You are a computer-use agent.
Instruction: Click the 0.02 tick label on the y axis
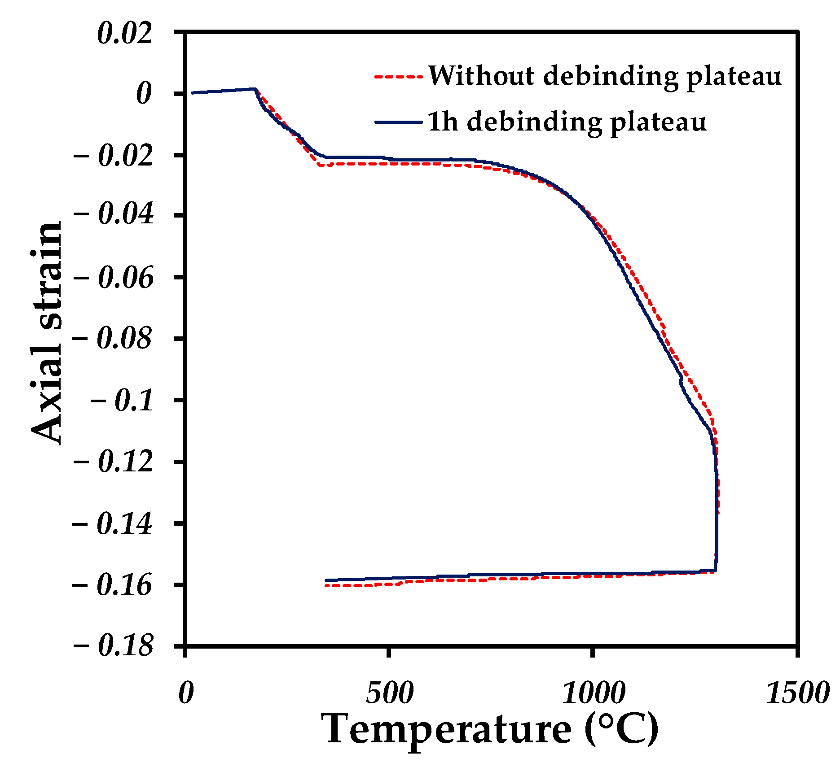(125, 34)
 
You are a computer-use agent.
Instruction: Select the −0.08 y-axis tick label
(113, 338)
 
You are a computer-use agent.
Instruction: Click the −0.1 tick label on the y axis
(122, 400)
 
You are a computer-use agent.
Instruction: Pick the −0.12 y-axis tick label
(113, 462)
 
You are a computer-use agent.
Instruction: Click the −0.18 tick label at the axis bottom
(113, 646)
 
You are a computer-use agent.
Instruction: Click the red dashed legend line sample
(398, 77)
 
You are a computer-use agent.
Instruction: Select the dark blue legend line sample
(398, 122)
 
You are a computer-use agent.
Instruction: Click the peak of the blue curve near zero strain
(254, 89)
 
